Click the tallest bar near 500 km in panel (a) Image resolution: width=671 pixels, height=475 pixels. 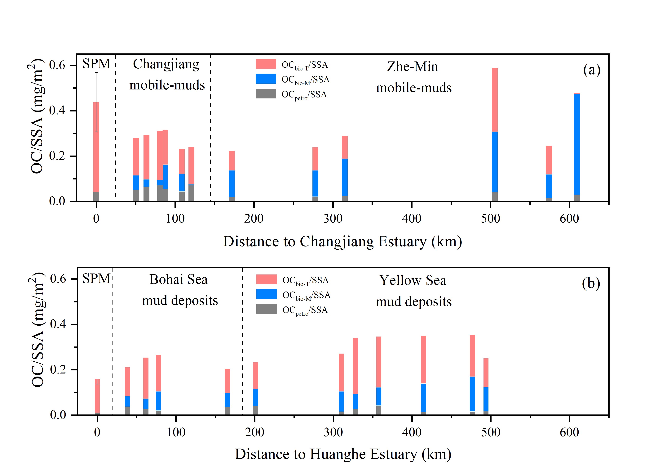pyautogui.click(x=494, y=134)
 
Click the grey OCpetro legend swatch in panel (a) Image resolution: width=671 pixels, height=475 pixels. pyautogui.click(x=266, y=94)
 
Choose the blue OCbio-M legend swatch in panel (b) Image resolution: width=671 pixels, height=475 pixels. pyautogui.click(x=266, y=294)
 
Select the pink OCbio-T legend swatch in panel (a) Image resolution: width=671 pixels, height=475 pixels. pyautogui.click(x=266, y=64)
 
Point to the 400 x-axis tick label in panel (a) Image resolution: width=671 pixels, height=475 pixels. pyautogui.click(x=412, y=219)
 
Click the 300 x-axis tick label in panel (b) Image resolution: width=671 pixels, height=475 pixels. pyautogui.click(x=333, y=432)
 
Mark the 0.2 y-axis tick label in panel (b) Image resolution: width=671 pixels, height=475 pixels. pyautogui.click(x=58, y=369)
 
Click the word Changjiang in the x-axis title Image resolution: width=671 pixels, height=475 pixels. pyautogui.click(x=334, y=242)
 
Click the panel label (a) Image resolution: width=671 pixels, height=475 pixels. pyautogui.click(x=592, y=70)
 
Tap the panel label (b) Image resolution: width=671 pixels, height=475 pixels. pyautogui.click(x=591, y=283)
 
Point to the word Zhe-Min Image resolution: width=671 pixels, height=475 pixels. pyautogui.click(x=412, y=67)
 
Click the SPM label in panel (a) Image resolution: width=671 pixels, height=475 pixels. pyautogui.click(x=96, y=64)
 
